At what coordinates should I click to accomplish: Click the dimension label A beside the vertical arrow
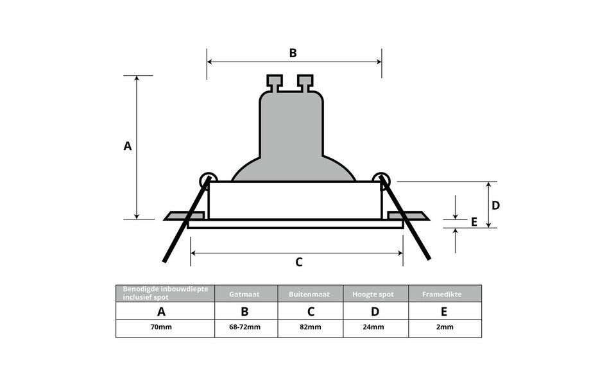(x=128, y=146)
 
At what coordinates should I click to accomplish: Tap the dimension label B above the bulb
(x=293, y=53)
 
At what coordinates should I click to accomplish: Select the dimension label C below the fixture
(x=298, y=262)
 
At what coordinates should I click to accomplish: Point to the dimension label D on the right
(x=495, y=205)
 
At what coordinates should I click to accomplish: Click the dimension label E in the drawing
(x=474, y=222)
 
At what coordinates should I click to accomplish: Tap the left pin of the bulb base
(x=275, y=83)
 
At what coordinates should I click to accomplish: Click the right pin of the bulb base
(x=305, y=83)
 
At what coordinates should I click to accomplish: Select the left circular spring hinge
(x=208, y=180)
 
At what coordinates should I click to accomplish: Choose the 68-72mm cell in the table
(x=246, y=328)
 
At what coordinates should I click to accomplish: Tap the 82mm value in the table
(x=311, y=328)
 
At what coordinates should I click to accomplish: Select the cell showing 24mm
(x=375, y=328)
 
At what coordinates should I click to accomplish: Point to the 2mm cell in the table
(x=444, y=328)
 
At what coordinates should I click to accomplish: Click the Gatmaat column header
(x=246, y=294)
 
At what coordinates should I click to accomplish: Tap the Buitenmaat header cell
(x=311, y=294)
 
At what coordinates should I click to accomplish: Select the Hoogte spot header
(x=375, y=294)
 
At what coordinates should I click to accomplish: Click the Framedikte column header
(x=444, y=294)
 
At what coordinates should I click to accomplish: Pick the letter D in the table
(x=375, y=312)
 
